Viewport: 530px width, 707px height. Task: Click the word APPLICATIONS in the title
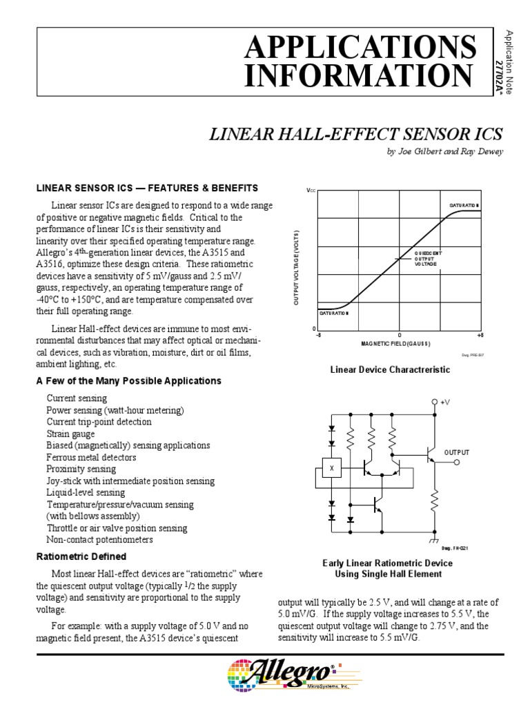point(360,47)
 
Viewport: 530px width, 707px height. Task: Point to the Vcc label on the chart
point(311,190)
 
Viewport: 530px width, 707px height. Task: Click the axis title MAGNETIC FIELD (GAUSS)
point(396,344)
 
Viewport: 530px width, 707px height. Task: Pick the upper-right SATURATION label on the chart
point(464,206)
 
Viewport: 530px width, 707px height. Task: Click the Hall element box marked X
point(331,469)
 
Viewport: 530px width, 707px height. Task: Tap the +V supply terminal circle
point(435,402)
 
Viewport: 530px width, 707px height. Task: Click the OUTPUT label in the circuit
point(456,452)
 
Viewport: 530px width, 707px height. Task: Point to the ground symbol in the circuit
point(435,537)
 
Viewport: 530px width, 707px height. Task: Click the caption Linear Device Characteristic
point(390,370)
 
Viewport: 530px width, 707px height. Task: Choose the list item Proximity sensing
point(81,469)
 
